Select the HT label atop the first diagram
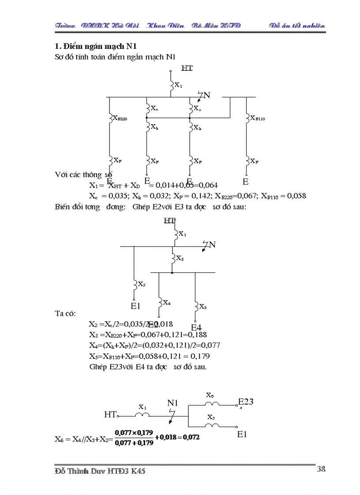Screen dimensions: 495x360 coord(187,68)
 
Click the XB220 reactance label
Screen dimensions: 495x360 coord(120,118)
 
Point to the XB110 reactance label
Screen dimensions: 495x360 coord(258,118)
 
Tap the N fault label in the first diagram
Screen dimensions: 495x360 coord(207,95)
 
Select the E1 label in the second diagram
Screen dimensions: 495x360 coord(136,305)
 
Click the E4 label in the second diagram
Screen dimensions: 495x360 coord(196,328)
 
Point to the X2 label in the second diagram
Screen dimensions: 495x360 coord(180,258)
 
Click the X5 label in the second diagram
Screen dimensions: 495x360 coord(203,306)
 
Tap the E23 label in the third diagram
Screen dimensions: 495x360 coord(246,402)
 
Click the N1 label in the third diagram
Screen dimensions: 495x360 coord(173,403)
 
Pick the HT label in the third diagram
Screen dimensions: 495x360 coord(110,414)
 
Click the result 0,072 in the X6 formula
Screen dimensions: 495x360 coord(191,437)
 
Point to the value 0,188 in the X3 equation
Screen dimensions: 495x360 coord(198,334)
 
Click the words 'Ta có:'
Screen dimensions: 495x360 coord(65,313)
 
